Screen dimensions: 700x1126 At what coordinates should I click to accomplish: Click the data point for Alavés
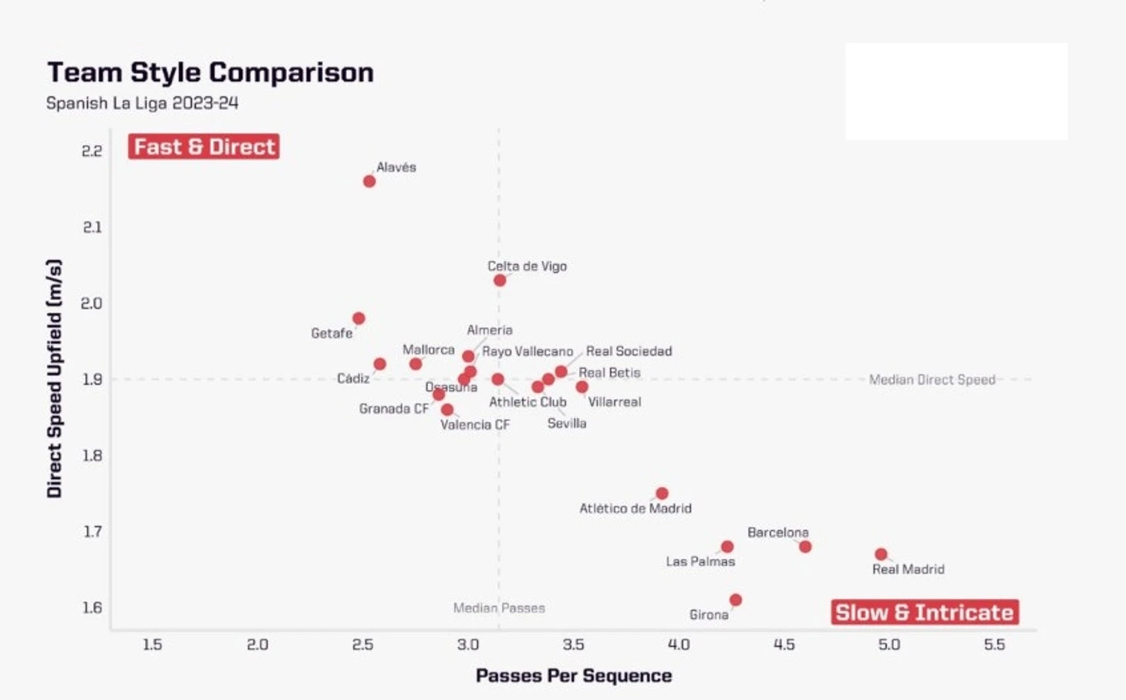coord(369,181)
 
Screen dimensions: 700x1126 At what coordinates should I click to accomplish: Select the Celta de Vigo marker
coord(500,280)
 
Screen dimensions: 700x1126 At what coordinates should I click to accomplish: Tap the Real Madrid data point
coord(881,554)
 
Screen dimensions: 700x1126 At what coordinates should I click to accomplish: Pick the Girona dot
coord(736,600)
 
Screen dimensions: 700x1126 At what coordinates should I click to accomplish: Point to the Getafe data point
coord(359,318)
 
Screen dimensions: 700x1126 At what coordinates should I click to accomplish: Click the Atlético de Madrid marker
coord(662,493)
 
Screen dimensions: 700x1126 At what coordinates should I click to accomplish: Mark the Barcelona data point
coord(805,547)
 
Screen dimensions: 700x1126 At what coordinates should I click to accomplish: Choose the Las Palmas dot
coord(727,547)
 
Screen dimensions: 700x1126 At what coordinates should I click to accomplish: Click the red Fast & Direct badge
coord(204,146)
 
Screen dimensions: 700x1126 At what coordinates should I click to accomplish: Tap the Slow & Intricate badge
coord(925,612)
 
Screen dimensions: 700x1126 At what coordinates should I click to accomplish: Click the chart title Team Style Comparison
coord(211,72)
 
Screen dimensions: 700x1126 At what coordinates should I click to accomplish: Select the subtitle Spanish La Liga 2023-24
coord(142,103)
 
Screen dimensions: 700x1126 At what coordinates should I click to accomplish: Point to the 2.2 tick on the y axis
coord(92,151)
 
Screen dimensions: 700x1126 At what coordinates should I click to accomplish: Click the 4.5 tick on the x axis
coord(784,644)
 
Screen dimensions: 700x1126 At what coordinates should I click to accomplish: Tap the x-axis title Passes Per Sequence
coord(574,676)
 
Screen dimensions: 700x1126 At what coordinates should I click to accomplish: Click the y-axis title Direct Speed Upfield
coord(54,378)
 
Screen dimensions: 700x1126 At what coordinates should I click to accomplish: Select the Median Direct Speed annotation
coord(932,379)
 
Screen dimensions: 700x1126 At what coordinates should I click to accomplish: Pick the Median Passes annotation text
coord(499,608)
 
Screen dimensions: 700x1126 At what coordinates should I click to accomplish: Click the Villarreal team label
coord(614,402)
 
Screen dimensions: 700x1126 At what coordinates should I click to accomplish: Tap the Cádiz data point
coord(379,364)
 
